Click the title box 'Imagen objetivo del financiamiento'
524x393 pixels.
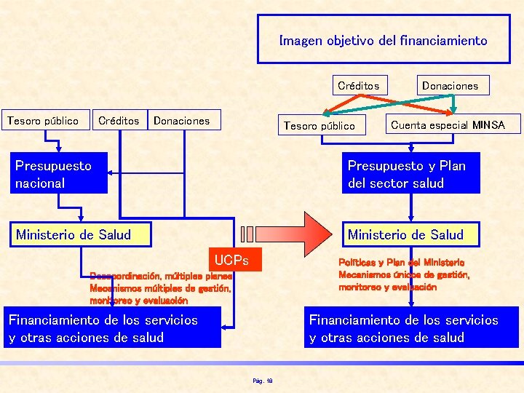tap(383, 41)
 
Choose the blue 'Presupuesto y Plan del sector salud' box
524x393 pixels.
tap(413, 174)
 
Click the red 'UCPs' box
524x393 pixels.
tap(231, 260)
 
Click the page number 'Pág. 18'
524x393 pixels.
tap(262, 380)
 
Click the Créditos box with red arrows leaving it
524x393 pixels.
tap(358, 85)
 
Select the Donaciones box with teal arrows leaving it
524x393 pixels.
tap(450, 85)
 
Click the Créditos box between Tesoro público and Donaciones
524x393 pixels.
tap(118, 121)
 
